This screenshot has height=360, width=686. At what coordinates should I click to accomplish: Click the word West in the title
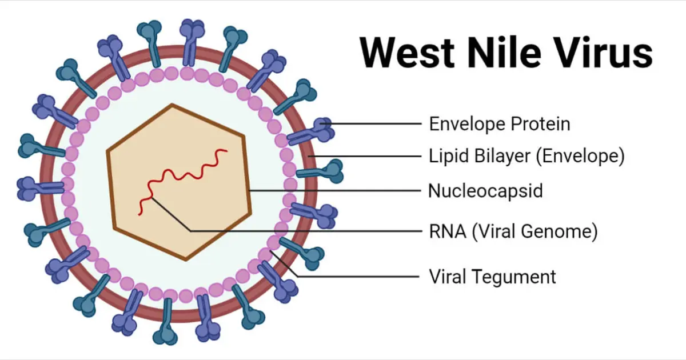[407, 53]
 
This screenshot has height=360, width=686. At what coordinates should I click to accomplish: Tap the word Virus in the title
[603, 52]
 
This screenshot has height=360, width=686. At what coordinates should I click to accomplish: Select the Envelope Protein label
[500, 125]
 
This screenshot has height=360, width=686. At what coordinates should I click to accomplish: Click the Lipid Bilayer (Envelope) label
[527, 156]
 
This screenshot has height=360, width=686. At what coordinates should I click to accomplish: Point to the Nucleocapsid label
[485, 191]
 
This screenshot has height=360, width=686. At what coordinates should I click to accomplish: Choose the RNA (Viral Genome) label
[513, 231]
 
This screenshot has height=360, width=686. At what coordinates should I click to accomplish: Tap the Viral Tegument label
[492, 277]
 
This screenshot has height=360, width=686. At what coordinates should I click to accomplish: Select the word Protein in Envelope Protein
[540, 125]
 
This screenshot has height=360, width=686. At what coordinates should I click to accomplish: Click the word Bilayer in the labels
[502, 156]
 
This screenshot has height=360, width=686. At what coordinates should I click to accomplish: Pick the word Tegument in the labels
[514, 277]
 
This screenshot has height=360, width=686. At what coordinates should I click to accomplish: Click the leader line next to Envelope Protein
[371, 123]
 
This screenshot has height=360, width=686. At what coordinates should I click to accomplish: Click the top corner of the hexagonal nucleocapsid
[172, 105]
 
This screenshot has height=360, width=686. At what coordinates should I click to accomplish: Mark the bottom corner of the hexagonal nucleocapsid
[186, 260]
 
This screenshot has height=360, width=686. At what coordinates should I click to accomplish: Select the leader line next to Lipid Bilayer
[365, 156]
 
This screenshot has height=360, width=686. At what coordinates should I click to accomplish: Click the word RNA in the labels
[448, 231]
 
